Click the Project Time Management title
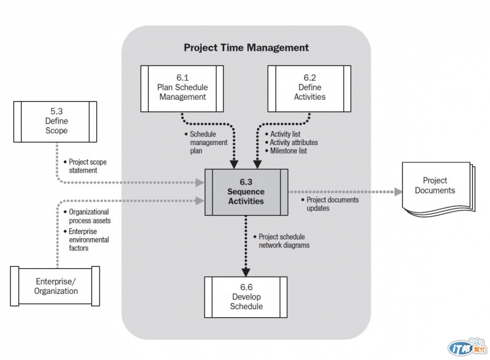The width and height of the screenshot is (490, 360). (246, 47)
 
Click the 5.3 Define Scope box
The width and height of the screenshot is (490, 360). (55, 121)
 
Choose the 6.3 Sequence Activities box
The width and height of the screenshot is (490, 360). (246, 192)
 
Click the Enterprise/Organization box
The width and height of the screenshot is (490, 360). (55, 286)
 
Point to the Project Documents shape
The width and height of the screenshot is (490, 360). (434, 187)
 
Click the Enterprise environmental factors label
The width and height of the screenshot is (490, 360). (89, 239)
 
